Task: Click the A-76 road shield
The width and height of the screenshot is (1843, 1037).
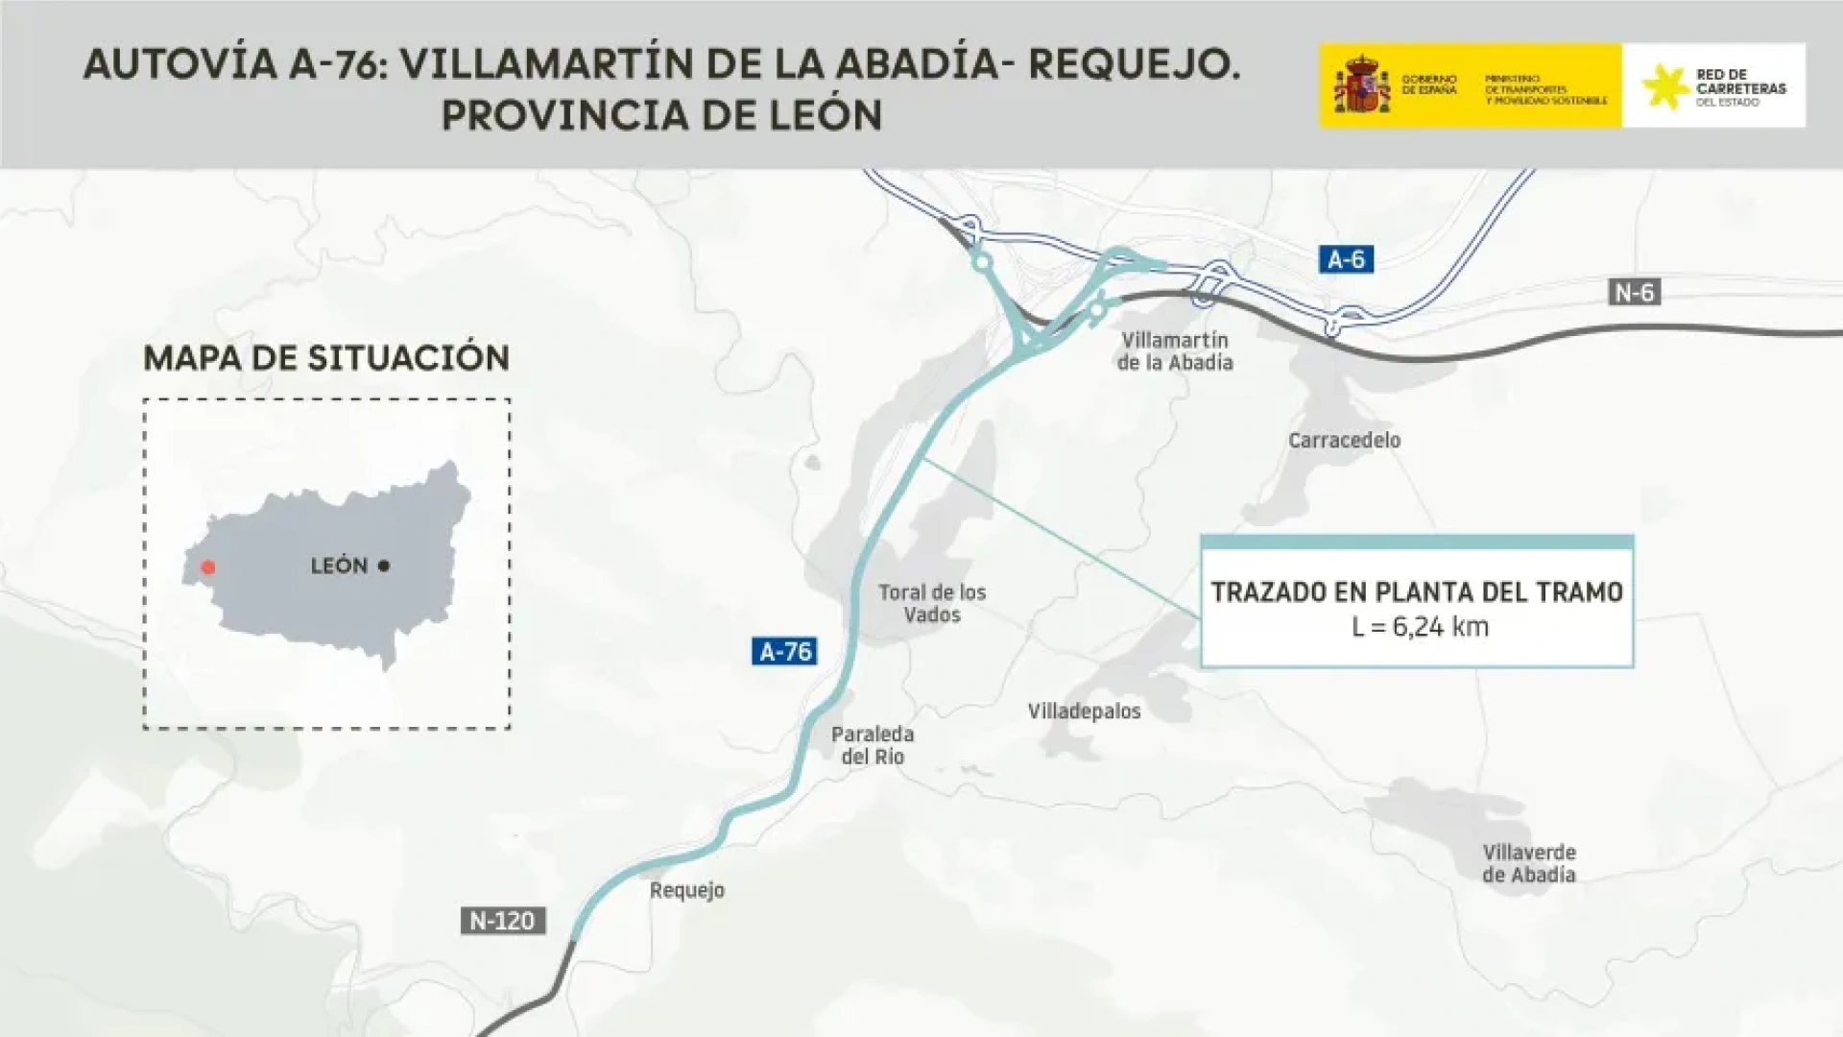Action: coord(784,652)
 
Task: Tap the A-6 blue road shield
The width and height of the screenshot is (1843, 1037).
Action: coord(1345,259)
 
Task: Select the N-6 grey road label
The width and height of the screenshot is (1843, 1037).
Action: coord(1634,292)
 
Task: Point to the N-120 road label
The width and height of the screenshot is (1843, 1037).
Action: coord(502,921)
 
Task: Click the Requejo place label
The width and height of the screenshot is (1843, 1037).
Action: coord(686,890)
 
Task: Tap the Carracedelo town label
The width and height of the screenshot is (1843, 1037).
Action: coord(1344,440)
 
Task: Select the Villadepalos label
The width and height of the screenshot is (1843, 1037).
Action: coord(1084,711)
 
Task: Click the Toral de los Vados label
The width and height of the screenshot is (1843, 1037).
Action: coord(932,603)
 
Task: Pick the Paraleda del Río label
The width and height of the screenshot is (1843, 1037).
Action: coord(873,745)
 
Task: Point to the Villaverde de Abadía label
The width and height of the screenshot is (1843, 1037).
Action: coord(1528,863)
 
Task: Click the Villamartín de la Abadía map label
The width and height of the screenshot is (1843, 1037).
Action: coord(1174,351)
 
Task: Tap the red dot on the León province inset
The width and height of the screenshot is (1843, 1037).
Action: coord(208,567)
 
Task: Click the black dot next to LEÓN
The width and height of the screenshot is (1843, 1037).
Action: coord(384,566)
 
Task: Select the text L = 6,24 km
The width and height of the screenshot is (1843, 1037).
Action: coord(1419,627)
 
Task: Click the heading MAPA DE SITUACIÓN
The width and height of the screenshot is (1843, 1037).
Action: coord(326,358)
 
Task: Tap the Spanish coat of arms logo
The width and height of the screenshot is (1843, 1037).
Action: coord(1361,85)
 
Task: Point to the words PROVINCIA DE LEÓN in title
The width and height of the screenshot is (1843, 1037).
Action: coord(661,115)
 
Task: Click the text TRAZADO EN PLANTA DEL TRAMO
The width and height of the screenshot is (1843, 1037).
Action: coord(1416,591)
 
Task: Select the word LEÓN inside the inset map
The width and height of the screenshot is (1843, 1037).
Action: coord(339,566)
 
